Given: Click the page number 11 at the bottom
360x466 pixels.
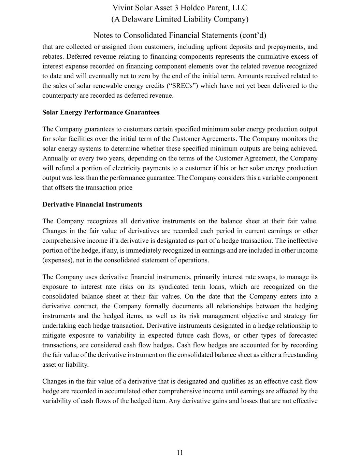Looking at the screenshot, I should (180, 453).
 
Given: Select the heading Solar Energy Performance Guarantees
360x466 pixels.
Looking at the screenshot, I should (101, 112).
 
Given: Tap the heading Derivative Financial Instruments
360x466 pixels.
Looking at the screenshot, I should (92, 204).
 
